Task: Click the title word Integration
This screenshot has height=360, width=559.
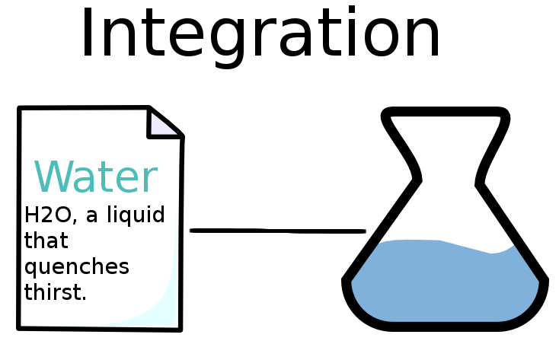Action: tap(260, 34)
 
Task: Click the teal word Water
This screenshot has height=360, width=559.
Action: tap(96, 177)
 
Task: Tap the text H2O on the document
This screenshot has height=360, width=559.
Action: tap(47, 215)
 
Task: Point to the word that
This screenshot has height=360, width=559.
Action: tap(46, 241)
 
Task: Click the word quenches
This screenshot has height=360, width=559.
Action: tap(76, 268)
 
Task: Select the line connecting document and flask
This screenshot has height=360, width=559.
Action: tap(277, 230)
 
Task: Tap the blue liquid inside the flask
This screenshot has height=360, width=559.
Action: tap(446, 282)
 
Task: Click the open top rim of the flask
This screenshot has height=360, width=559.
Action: tap(446, 114)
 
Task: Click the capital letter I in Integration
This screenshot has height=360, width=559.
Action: tap(88, 34)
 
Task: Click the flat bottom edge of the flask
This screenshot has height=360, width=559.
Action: tap(446, 327)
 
